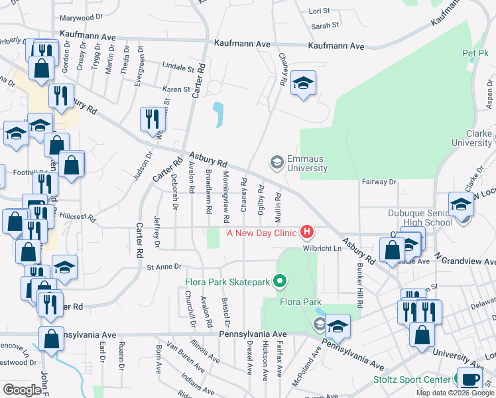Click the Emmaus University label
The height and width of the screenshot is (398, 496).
tap(307, 164)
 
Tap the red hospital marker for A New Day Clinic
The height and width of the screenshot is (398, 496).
tap(307, 232)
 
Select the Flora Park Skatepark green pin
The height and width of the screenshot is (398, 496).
tap(280, 282)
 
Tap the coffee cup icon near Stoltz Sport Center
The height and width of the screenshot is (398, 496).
tap(470, 379)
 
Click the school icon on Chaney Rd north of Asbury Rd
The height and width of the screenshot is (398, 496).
tap(303, 83)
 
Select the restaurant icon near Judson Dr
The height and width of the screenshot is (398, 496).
tap(153, 119)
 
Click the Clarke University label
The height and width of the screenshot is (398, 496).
tap(471, 138)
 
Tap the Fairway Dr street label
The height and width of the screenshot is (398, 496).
tap(379, 181)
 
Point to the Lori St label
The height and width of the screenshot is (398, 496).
tap(320, 11)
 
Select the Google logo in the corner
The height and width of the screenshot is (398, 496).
tap(22, 389)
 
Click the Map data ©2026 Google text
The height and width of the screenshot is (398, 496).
tap(455, 393)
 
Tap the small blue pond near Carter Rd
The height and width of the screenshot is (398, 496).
tap(218, 115)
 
